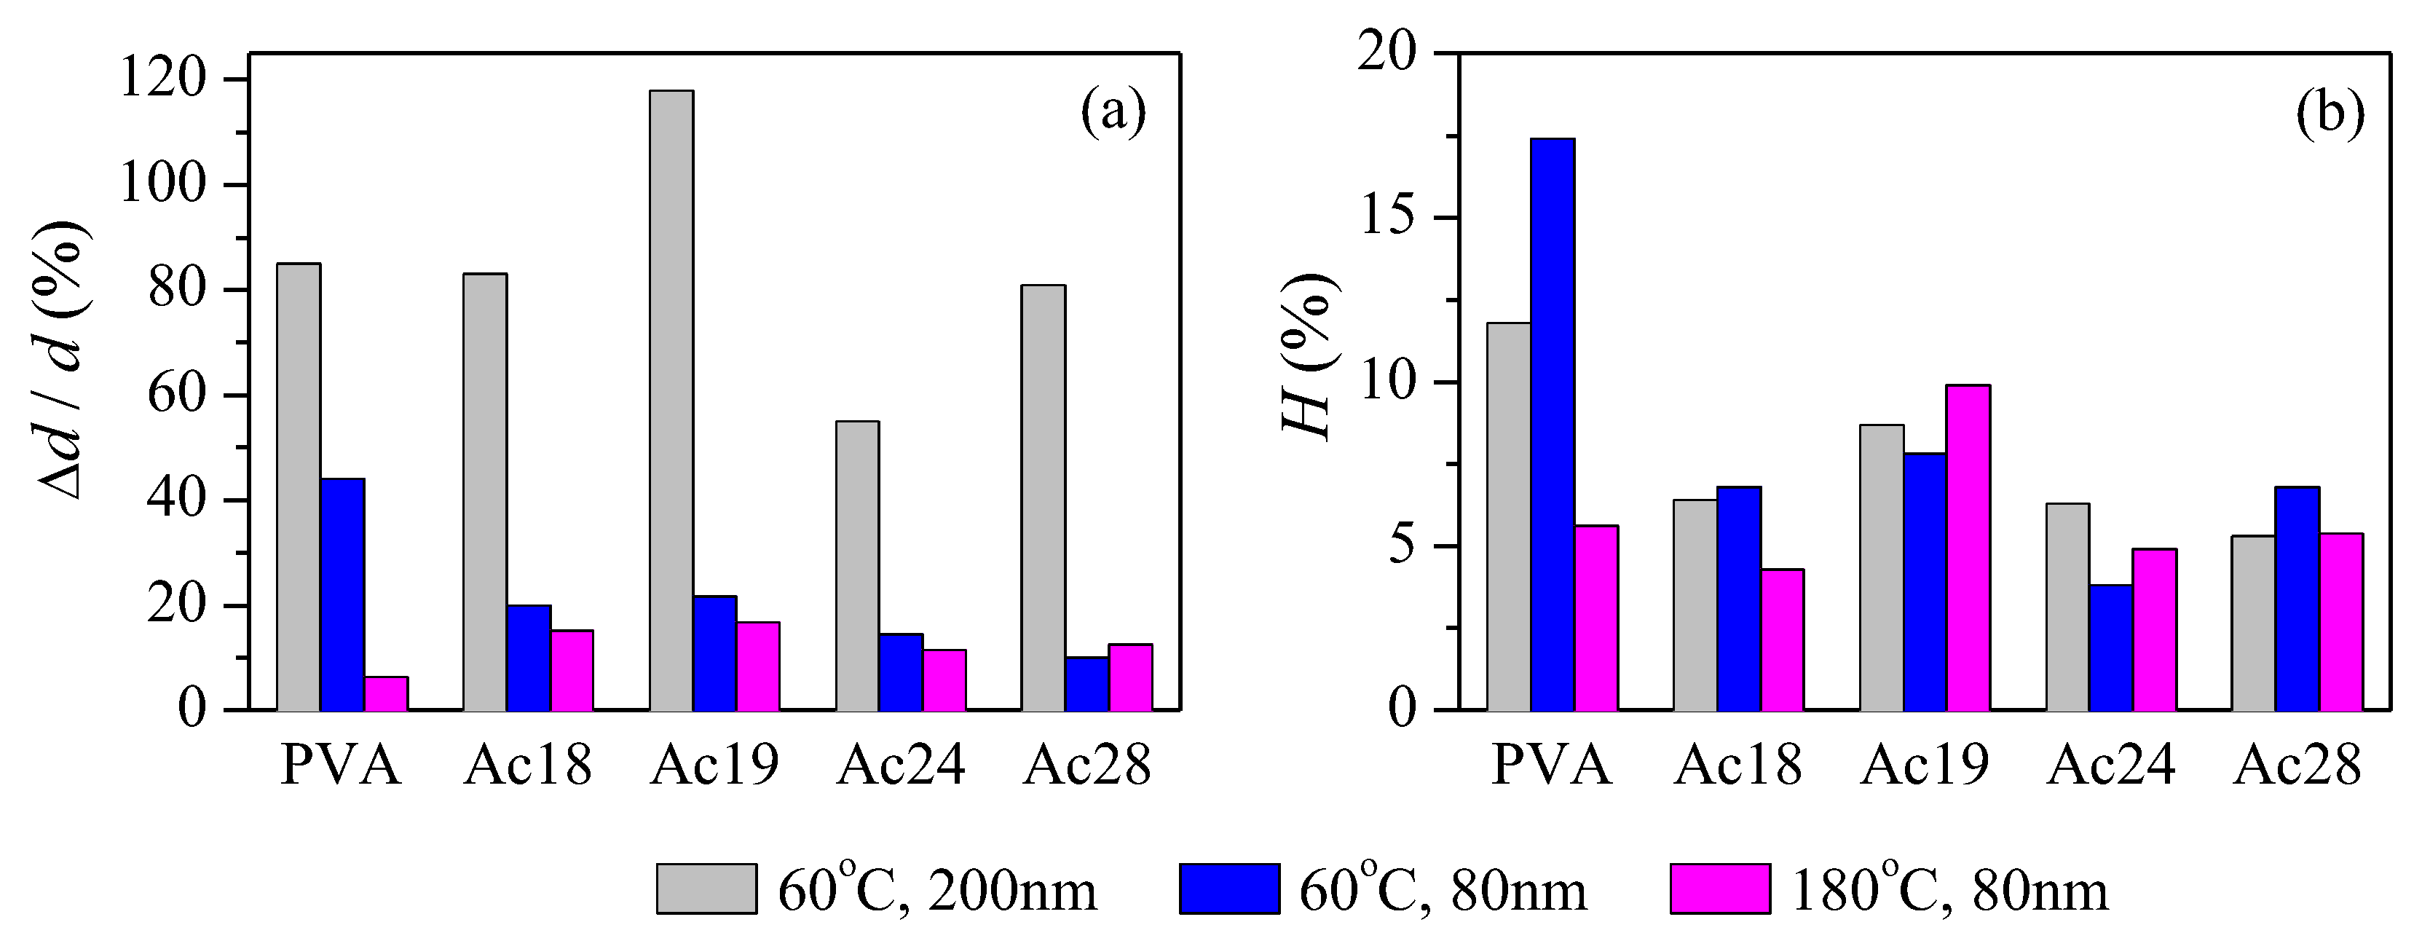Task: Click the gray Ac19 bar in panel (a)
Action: click(x=671, y=400)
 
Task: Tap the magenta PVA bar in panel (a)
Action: click(x=385, y=693)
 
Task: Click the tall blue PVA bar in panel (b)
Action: click(x=1553, y=423)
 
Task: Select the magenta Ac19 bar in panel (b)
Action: click(x=1968, y=546)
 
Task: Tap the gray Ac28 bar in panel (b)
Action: click(x=2253, y=622)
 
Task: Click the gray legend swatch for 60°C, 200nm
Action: click(x=706, y=887)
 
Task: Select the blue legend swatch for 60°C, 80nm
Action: click(x=1229, y=887)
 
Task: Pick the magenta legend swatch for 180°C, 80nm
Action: click(x=1720, y=887)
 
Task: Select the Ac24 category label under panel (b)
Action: click(x=2112, y=766)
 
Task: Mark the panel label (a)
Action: click(x=1113, y=114)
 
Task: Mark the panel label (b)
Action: click(x=2330, y=114)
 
